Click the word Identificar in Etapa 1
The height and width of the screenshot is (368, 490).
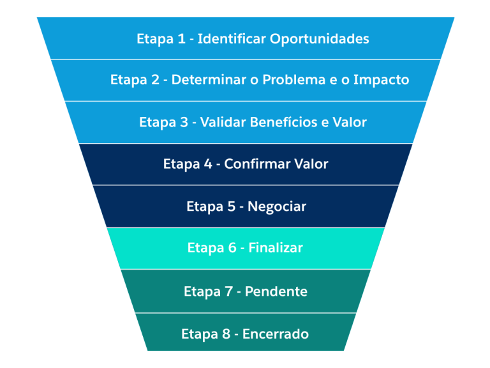tap(231, 39)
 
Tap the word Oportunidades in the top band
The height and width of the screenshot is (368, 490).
tap(319, 39)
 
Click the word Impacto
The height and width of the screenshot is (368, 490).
tap(382, 80)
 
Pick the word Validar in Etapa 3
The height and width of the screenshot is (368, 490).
tap(222, 122)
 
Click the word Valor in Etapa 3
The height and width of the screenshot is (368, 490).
tap(350, 122)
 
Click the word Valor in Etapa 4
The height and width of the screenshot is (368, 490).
tap(311, 164)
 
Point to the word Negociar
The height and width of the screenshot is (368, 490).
tap(277, 207)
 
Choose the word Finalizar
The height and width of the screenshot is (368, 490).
tap(276, 248)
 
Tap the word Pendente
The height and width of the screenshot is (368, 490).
tap(276, 292)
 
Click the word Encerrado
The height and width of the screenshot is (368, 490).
tap(276, 334)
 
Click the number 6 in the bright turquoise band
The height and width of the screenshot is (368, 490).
tap(232, 248)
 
